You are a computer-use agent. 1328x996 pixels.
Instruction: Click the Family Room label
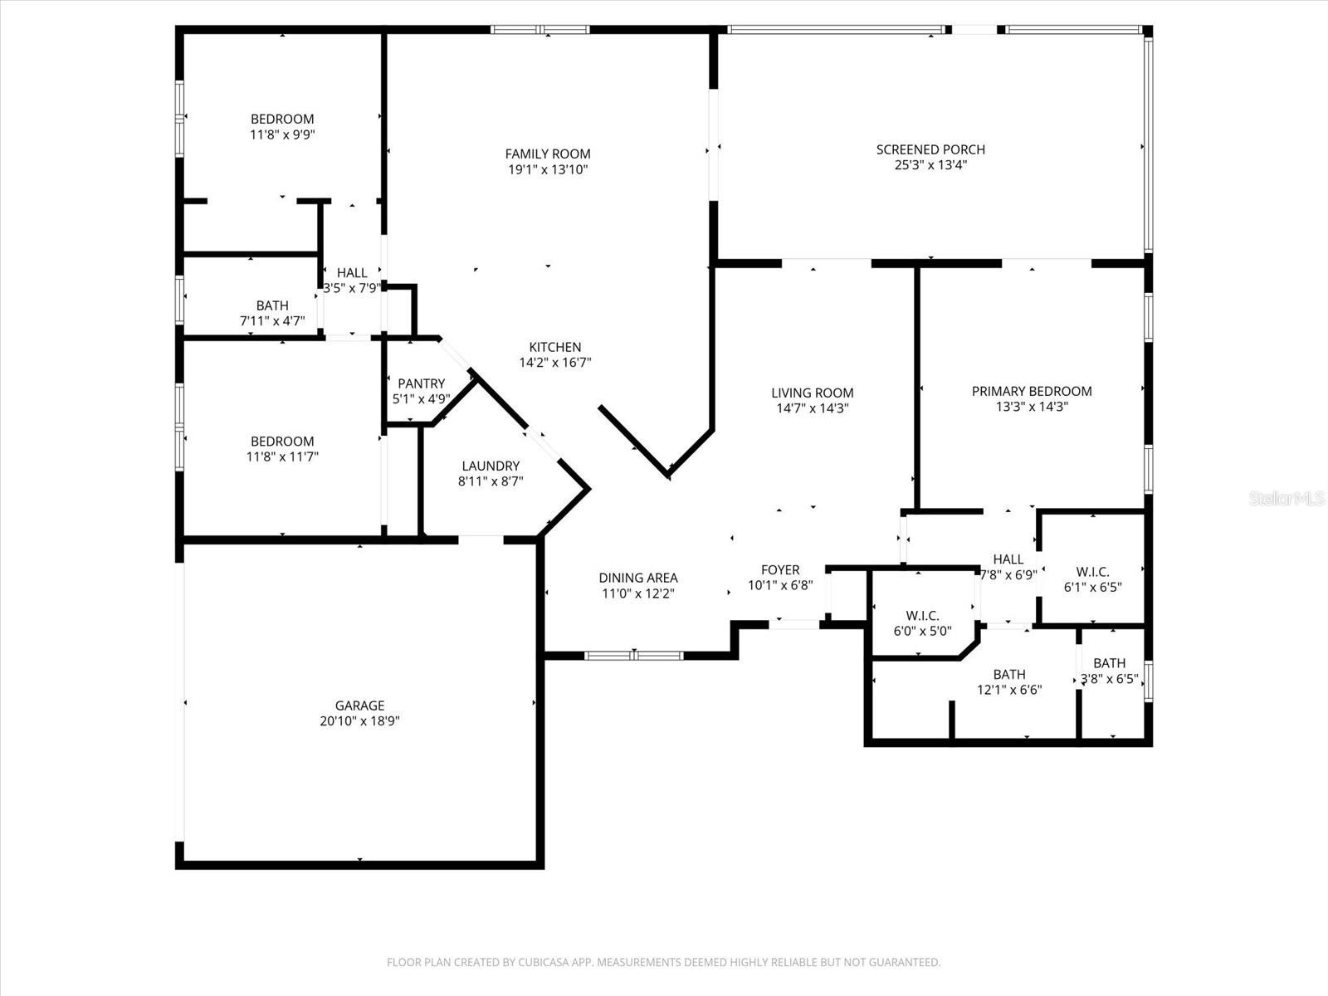coord(548,154)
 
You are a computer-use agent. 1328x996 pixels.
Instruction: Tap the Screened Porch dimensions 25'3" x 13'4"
coord(930,165)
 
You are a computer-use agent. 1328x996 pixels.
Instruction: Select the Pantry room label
coord(421,383)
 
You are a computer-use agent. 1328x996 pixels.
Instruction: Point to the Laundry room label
coord(491,466)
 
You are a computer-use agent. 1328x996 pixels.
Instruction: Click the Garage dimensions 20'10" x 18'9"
coord(359,721)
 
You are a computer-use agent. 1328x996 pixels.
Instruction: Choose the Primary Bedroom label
coord(1032,391)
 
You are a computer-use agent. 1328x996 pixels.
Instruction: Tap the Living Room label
coord(812,393)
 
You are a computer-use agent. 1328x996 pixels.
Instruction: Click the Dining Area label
coord(638,578)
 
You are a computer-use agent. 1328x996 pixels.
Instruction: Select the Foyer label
coord(780,569)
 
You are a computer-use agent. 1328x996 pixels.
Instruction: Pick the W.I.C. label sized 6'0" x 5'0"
coord(922,615)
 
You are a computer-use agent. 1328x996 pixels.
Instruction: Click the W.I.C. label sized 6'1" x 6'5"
coord(1092,571)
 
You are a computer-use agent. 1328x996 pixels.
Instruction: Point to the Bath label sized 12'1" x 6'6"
coord(1009,674)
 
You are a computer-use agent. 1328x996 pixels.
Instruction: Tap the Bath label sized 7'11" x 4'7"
coord(272,305)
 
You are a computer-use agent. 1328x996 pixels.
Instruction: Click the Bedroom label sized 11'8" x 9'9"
coord(282,119)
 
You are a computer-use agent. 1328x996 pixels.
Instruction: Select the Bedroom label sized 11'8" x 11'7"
coord(282,442)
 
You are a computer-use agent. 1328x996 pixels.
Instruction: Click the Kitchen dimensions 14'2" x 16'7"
coord(555,363)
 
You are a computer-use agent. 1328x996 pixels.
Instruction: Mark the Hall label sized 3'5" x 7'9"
coord(352,272)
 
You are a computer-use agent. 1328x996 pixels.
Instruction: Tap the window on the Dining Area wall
coord(633,655)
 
